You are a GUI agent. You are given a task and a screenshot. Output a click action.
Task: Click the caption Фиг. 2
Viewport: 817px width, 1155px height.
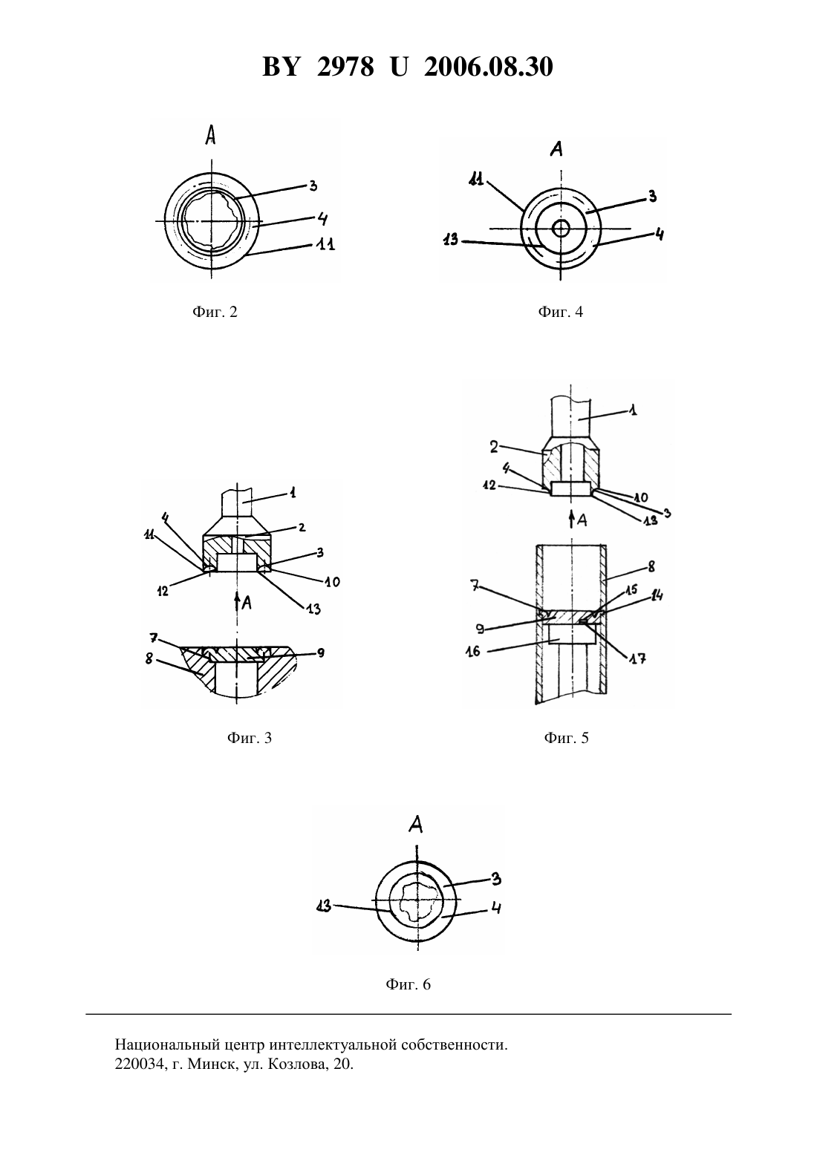[x=215, y=312]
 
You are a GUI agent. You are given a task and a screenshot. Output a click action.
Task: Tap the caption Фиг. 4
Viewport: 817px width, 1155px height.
[x=560, y=312]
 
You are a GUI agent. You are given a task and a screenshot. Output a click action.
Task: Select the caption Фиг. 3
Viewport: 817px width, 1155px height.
[x=249, y=738]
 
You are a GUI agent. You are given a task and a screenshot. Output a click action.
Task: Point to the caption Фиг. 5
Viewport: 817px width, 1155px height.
[x=566, y=738]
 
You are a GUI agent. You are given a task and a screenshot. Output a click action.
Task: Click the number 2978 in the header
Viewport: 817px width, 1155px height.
[x=345, y=67]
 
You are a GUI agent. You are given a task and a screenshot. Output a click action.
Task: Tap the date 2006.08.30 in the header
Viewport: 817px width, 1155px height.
[x=489, y=67]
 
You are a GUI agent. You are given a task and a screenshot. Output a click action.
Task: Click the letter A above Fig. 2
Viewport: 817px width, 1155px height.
[x=210, y=135]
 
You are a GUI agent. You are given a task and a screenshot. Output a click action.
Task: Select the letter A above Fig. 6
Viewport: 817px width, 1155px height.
[x=416, y=825]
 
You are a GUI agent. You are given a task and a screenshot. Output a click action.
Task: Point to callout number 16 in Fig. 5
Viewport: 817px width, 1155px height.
[x=472, y=651]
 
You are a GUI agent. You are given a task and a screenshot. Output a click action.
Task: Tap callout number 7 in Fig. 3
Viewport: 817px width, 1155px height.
[x=153, y=638]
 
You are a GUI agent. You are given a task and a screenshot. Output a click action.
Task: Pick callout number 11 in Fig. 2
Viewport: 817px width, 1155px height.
[x=325, y=244]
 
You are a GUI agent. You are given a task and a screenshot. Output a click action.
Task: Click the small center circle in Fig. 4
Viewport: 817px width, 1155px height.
[x=560, y=228]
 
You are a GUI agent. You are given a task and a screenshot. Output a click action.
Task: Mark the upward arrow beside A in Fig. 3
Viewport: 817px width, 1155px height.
[x=237, y=602]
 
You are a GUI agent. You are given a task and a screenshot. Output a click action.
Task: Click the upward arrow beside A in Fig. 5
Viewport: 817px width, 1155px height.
[x=571, y=519]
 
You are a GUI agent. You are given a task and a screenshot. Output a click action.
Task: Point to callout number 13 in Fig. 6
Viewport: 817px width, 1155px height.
[x=324, y=906]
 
